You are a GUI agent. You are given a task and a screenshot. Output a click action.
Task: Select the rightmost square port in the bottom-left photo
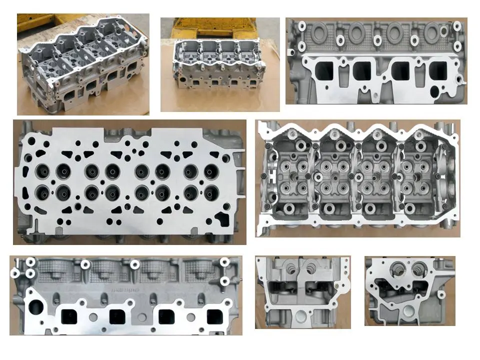coord(215,316)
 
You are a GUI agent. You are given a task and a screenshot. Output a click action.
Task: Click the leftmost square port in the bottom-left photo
coord(69,316)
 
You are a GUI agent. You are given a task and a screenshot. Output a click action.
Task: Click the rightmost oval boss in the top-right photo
coord(432,34)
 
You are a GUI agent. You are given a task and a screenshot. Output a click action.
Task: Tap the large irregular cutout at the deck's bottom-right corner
coord(221,218)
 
